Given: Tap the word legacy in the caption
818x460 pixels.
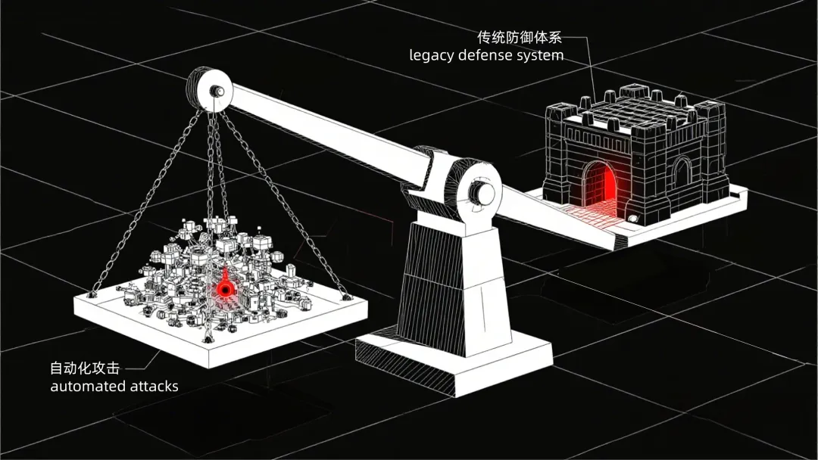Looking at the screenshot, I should pos(432,56).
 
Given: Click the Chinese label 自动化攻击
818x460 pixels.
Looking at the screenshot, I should pos(84,368).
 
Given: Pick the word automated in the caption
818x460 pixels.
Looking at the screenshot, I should pos(88,386).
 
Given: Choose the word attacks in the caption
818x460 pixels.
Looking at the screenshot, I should pos(155,386).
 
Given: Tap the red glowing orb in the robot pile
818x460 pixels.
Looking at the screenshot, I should pos(223,288).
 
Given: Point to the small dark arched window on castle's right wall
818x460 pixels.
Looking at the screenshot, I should pos(682,173).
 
